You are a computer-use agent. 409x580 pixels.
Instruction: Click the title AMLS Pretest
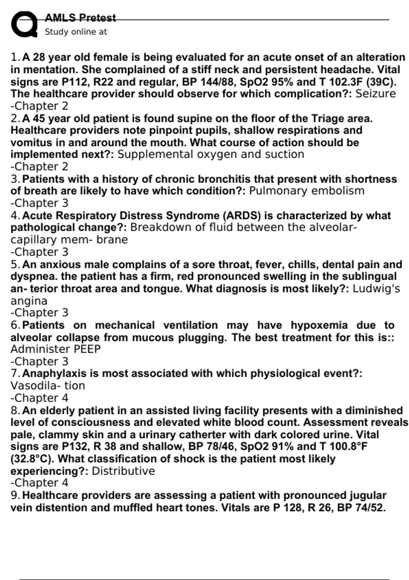pos(80,17)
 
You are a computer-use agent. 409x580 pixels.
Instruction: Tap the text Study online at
pos(76,32)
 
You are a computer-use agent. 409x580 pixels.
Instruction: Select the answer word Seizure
pos(376,94)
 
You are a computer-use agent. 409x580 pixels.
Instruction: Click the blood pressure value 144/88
pos(216,82)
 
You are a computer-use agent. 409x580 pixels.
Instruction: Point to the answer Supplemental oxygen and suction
pos(211,154)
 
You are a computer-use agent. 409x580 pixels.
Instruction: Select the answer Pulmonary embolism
pos(307,191)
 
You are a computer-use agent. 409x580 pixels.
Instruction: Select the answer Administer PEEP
pos(56,349)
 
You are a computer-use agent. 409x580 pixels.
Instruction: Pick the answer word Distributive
pos(123,471)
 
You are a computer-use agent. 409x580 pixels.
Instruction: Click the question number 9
pos(15,495)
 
